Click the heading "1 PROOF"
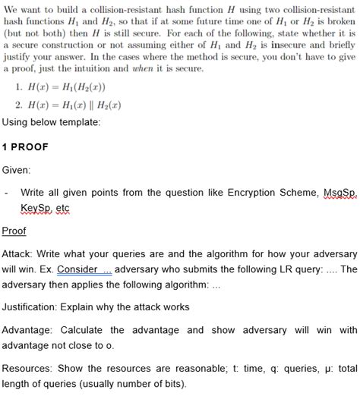(x=27, y=147)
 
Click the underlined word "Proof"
(x=14, y=231)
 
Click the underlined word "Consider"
(x=77, y=270)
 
